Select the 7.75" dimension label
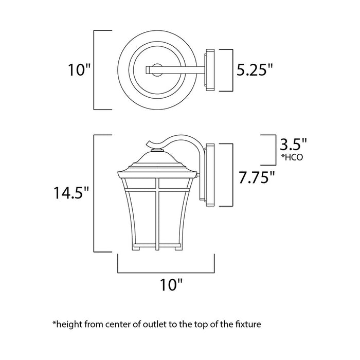(x=256, y=178)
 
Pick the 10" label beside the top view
(x=79, y=70)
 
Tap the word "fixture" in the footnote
(x=248, y=325)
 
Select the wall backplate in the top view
(x=209, y=70)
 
